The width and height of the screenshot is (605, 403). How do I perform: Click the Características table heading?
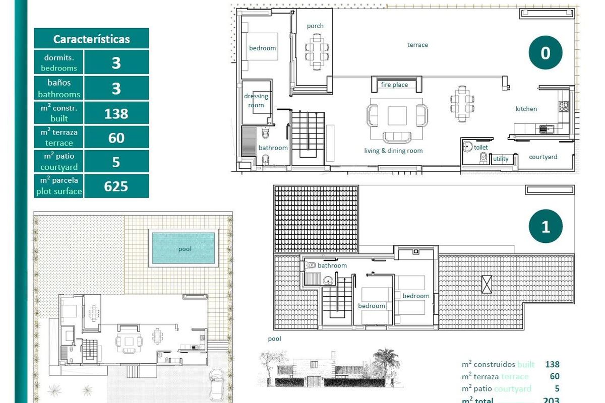click(x=91, y=39)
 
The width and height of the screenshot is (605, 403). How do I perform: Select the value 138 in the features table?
click(x=116, y=113)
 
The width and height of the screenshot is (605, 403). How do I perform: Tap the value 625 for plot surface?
click(x=116, y=186)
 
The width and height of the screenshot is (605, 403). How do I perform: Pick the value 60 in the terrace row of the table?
click(x=116, y=138)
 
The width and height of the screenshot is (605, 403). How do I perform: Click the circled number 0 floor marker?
click(x=545, y=53)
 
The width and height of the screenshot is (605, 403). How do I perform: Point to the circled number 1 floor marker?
click(x=545, y=227)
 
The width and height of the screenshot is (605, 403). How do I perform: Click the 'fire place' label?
click(x=394, y=85)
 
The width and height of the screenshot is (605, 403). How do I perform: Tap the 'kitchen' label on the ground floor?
click(x=526, y=109)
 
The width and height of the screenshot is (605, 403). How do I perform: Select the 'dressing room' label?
click(x=256, y=100)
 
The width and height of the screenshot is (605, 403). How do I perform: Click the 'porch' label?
click(x=315, y=26)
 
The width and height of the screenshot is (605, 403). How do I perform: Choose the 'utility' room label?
click(x=501, y=159)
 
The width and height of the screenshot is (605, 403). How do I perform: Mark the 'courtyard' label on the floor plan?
click(x=543, y=157)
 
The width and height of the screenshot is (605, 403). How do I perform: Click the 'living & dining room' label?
click(x=393, y=151)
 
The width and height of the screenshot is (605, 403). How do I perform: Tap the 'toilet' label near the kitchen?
click(x=480, y=148)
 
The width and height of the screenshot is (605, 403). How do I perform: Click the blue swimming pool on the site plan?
click(x=184, y=248)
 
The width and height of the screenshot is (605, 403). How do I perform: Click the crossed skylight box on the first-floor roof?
click(x=487, y=284)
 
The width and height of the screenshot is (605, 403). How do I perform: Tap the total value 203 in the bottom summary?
click(x=552, y=400)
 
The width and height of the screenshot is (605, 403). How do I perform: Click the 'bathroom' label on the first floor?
click(x=332, y=265)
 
